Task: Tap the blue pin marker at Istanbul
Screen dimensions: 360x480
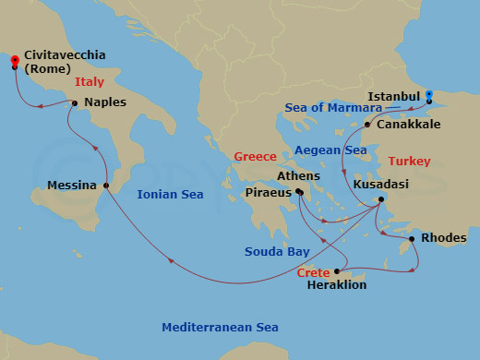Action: tap(429, 94)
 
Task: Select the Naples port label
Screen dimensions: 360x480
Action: tap(104, 104)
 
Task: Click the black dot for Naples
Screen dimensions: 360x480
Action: tap(74, 102)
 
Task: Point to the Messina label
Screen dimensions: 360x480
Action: tap(72, 186)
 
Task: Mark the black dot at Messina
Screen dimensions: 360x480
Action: tap(106, 186)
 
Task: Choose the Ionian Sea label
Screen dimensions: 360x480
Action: tap(170, 195)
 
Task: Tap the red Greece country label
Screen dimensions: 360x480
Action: tap(256, 157)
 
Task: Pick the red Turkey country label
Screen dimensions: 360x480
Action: tap(410, 161)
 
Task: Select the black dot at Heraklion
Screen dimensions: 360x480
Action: tap(338, 271)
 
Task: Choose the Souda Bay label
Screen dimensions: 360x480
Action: tap(275, 252)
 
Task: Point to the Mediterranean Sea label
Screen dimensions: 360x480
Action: tap(220, 328)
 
